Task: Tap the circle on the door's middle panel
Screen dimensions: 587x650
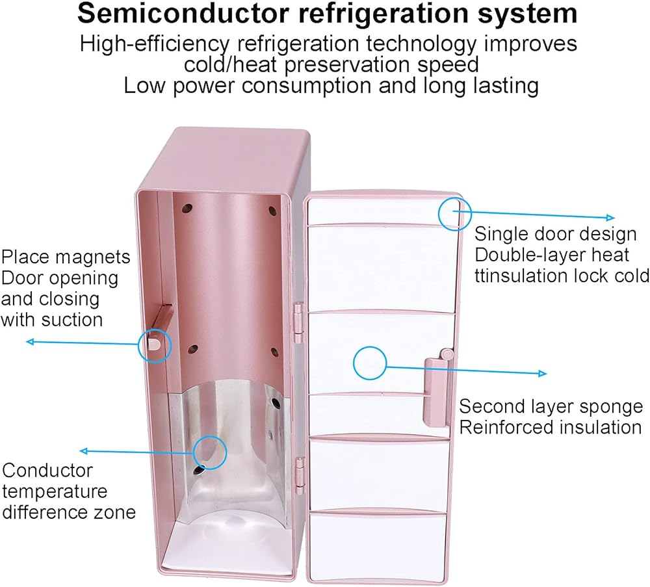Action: pos(370,363)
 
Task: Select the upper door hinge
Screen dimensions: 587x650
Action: pos(298,321)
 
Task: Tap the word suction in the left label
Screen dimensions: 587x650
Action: pos(71,320)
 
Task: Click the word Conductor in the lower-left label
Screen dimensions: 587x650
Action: pos(39,470)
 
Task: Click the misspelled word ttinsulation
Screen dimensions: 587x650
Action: pos(530,276)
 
